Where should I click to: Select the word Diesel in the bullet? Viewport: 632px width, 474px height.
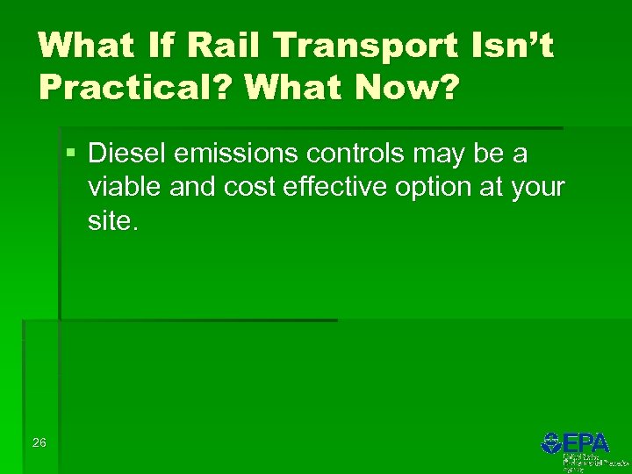[127, 154]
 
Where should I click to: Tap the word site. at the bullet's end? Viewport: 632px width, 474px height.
[113, 221]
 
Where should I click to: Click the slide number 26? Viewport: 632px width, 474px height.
[39, 442]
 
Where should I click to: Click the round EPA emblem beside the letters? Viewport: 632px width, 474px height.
[551, 442]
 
